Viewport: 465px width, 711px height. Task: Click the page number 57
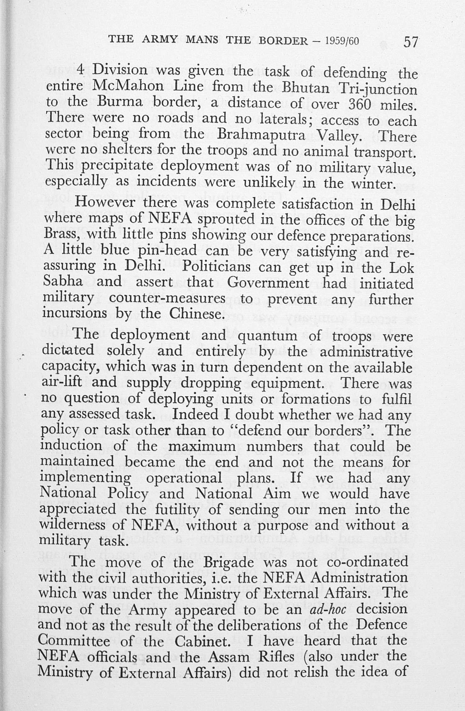[x=410, y=42]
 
